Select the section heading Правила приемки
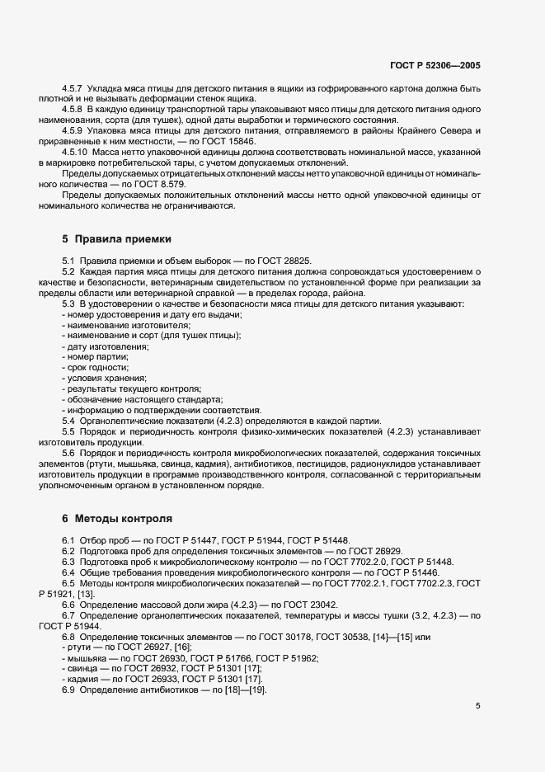point(123,239)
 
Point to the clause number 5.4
point(68,421)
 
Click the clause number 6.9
point(68,690)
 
